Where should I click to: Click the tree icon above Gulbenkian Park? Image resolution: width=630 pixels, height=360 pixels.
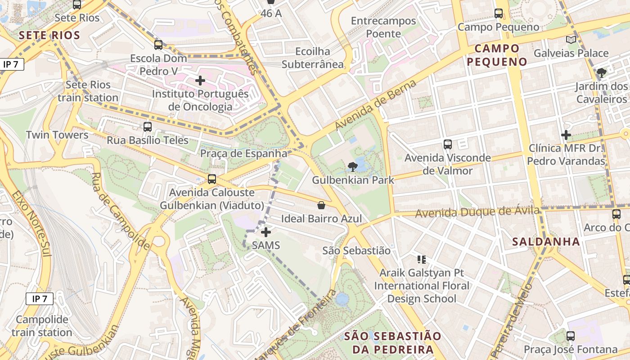coord(353,167)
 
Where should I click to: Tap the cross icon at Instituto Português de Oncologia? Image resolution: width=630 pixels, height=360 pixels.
coord(200,81)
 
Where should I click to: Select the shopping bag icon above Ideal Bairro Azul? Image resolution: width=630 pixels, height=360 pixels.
coord(321,206)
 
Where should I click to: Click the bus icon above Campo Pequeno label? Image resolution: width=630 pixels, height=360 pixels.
coord(498,13)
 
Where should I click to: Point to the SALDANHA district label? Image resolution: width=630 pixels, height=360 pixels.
coord(546,242)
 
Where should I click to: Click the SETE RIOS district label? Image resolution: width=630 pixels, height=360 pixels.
coord(49,35)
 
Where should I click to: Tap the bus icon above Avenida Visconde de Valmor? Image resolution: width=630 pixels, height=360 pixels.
coord(447,144)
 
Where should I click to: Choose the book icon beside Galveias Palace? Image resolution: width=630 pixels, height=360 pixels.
coord(571,40)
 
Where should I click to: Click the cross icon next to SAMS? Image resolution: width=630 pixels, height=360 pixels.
coord(266,232)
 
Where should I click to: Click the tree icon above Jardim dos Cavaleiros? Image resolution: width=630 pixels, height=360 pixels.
coord(601,72)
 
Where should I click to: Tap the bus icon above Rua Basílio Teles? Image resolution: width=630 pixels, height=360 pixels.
coord(148,127)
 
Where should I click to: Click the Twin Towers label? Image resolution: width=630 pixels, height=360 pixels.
coord(57,135)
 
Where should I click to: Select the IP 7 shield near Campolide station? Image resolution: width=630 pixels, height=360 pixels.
coord(40,298)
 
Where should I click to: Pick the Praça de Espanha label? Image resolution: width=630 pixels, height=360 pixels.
coord(243,153)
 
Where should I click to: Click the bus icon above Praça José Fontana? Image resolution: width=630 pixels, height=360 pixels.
coord(570,336)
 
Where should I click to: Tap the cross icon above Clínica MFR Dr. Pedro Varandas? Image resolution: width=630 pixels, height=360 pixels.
coord(566,135)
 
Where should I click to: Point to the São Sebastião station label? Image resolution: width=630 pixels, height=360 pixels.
coord(356,250)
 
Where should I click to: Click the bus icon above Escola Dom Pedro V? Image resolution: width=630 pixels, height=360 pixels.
coord(158,45)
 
